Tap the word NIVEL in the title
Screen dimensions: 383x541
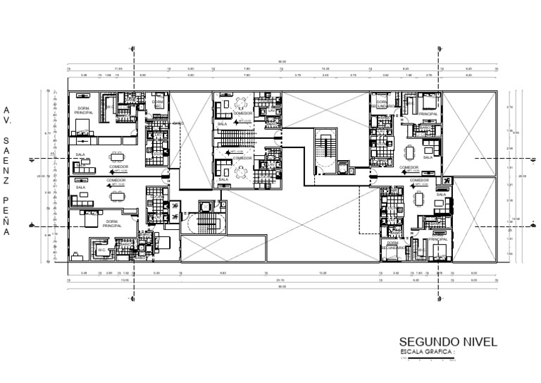tap(480, 341)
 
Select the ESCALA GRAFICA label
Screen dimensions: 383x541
tap(427, 351)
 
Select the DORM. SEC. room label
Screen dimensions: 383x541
tap(157, 103)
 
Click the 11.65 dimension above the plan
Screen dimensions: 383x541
tap(118, 68)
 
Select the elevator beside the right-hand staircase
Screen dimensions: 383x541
tap(343, 168)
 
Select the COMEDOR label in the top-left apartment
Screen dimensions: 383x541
tap(118, 167)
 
